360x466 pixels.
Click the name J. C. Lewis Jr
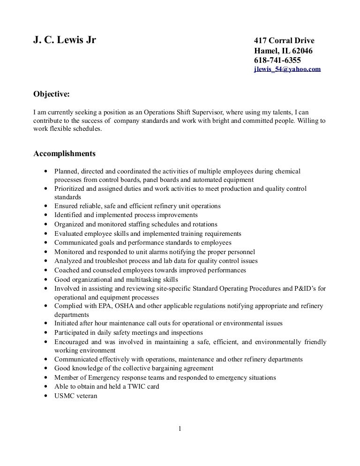(65, 40)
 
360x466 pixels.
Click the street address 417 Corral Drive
(283, 41)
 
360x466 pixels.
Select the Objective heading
(52, 94)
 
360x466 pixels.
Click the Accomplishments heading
(65, 153)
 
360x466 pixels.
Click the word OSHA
(120, 306)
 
